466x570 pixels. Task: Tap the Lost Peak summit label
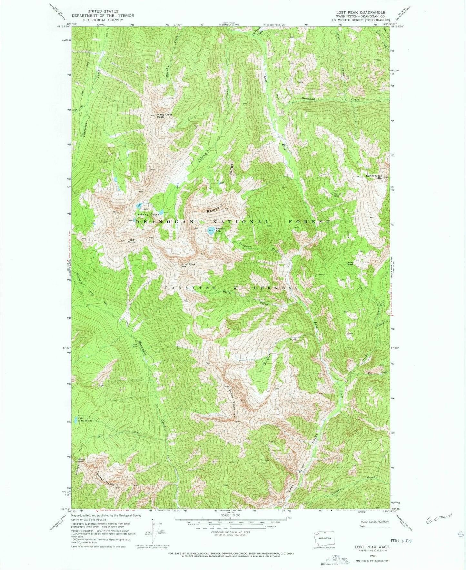pyautogui.click(x=188, y=264)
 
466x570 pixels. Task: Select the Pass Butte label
pyautogui.click(x=131, y=241)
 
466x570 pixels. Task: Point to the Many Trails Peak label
pyautogui.click(x=164, y=116)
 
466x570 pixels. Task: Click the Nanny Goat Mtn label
pyautogui.click(x=374, y=177)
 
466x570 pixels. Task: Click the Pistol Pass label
pyautogui.click(x=81, y=460)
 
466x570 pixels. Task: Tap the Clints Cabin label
pyautogui.click(x=134, y=345)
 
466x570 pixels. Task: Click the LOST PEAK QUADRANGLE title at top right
pyautogui.click(x=360, y=12)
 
